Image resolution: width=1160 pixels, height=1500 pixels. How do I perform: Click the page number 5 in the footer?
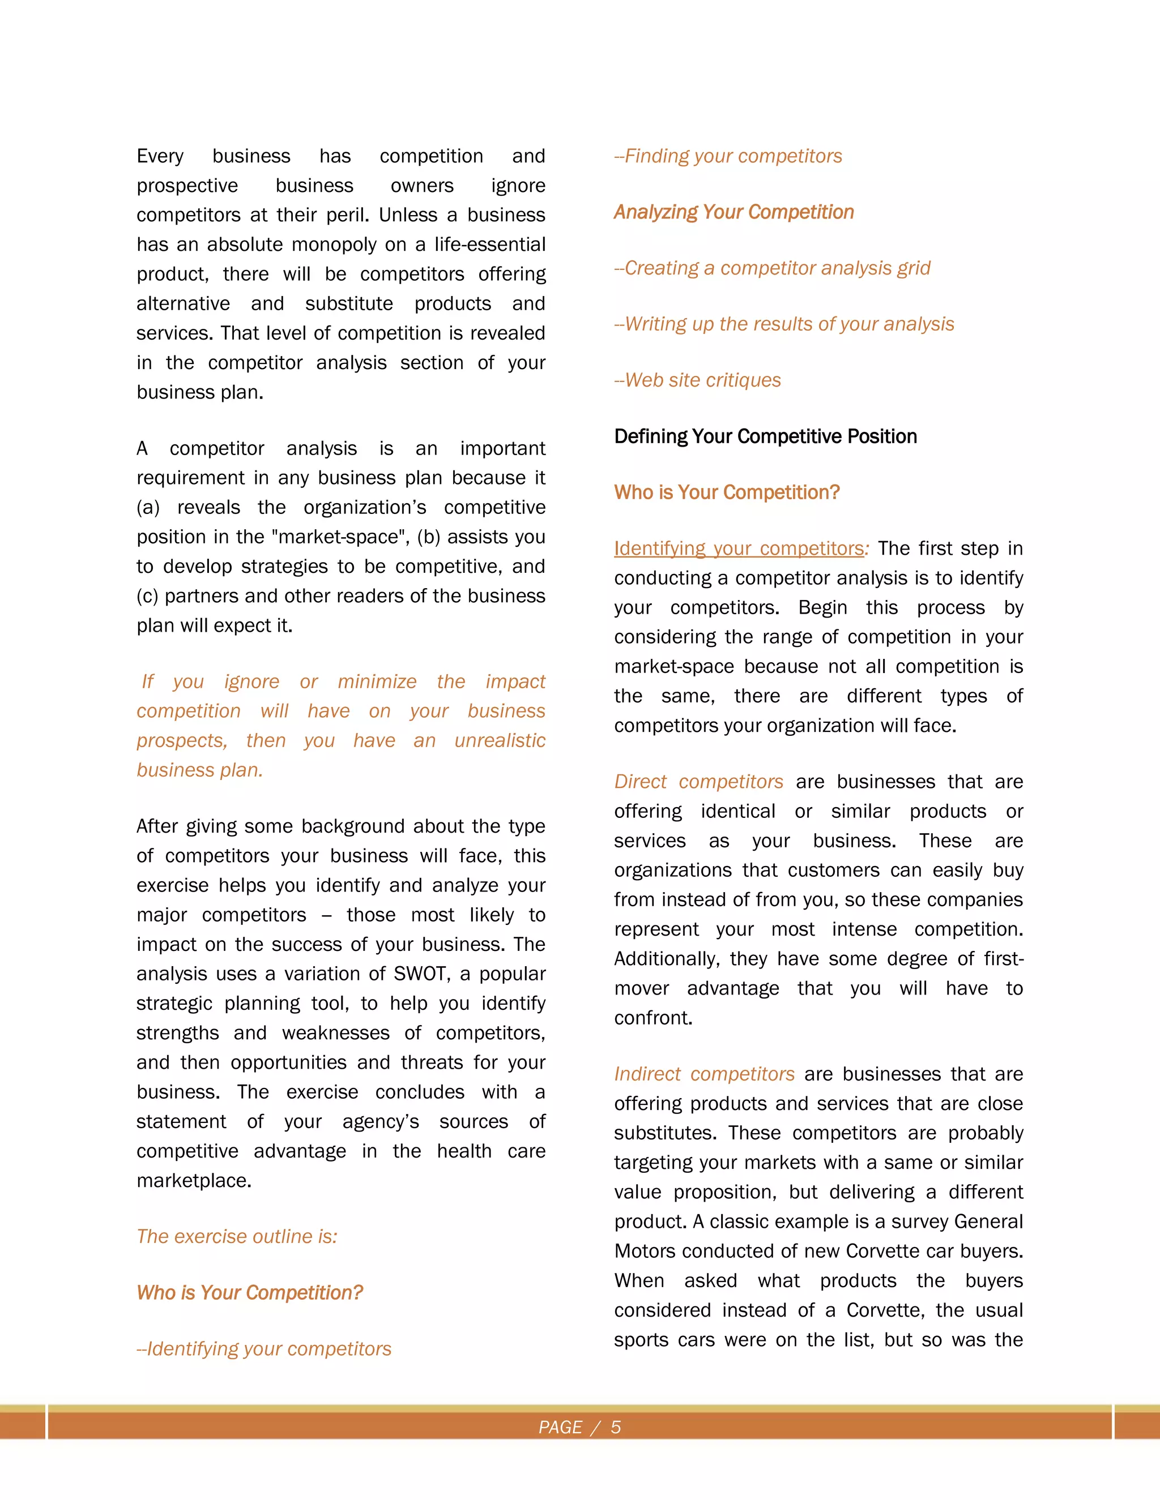coord(616,1427)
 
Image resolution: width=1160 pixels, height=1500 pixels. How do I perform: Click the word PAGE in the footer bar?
coord(560,1427)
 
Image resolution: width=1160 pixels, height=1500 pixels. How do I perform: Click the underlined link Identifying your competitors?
coord(739,548)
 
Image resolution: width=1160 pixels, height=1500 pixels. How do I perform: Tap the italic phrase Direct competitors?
coord(698,782)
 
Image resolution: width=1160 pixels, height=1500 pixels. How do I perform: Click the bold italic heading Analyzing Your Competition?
coord(733,212)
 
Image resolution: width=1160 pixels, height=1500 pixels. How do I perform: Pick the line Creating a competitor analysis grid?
coord(773,268)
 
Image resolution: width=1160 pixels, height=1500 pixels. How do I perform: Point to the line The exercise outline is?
coord(237,1236)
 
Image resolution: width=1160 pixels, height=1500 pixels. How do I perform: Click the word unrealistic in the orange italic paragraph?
coord(500,740)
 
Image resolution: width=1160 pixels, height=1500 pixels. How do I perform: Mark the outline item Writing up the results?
coord(784,324)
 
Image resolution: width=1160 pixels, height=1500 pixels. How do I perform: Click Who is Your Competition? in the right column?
coord(726,492)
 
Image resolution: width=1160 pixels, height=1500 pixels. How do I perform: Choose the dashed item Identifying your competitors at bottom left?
coord(264,1349)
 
